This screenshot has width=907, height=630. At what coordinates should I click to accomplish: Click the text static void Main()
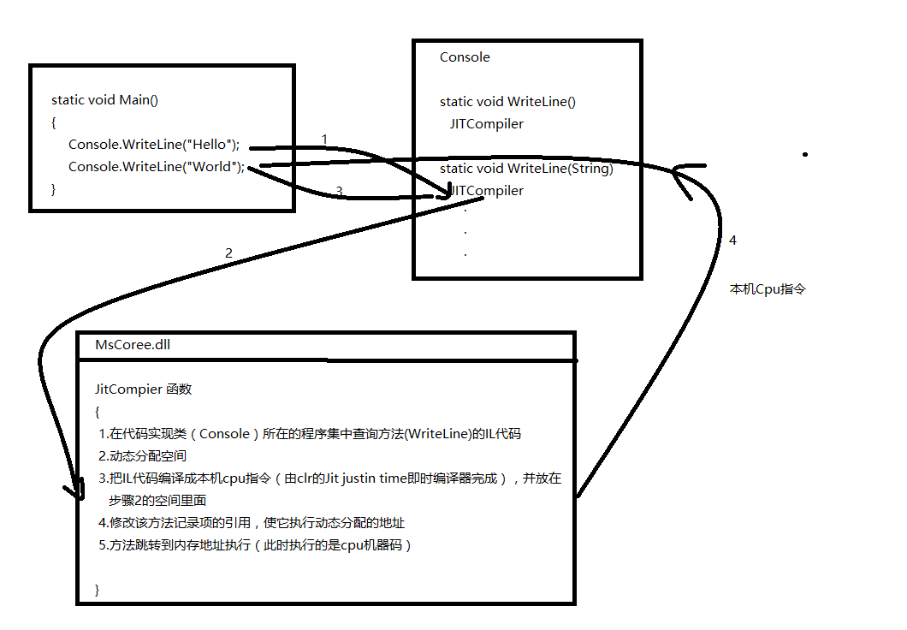pyautogui.click(x=104, y=100)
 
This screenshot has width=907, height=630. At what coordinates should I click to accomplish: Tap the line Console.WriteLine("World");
pyautogui.click(x=156, y=166)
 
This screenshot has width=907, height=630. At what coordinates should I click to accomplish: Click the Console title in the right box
pyautogui.click(x=465, y=57)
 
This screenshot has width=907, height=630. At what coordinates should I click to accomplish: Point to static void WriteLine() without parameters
pyautogui.click(x=507, y=102)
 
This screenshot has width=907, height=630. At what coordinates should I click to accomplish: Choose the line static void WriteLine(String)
pyautogui.click(x=526, y=169)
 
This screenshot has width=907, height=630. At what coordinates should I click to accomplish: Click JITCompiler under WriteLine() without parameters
pyautogui.click(x=487, y=124)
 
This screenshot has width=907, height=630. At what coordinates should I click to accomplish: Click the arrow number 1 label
pyautogui.click(x=324, y=139)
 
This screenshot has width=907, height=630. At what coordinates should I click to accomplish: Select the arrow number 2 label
pyautogui.click(x=228, y=253)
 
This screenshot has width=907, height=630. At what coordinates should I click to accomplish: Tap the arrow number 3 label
pyautogui.click(x=339, y=193)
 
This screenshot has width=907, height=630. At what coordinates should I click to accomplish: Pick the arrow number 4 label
pyautogui.click(x=732, y=241)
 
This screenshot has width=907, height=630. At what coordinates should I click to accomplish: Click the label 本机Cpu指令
pyautogui.click(x=768, y=289)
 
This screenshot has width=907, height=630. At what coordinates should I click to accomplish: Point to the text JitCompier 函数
pyautogui.click(x=143, y=389)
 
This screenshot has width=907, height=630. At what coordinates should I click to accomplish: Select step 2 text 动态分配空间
pyautogui.click(x=147, y=456)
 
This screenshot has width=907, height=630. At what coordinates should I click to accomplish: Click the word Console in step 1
pyautogui.click(x=223, y=434)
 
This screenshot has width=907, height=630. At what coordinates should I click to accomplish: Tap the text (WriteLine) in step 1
pyautogui.click(x=436, y=434)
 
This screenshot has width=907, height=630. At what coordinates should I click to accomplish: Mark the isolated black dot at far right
pyautogui.click(x=804, y=155)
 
